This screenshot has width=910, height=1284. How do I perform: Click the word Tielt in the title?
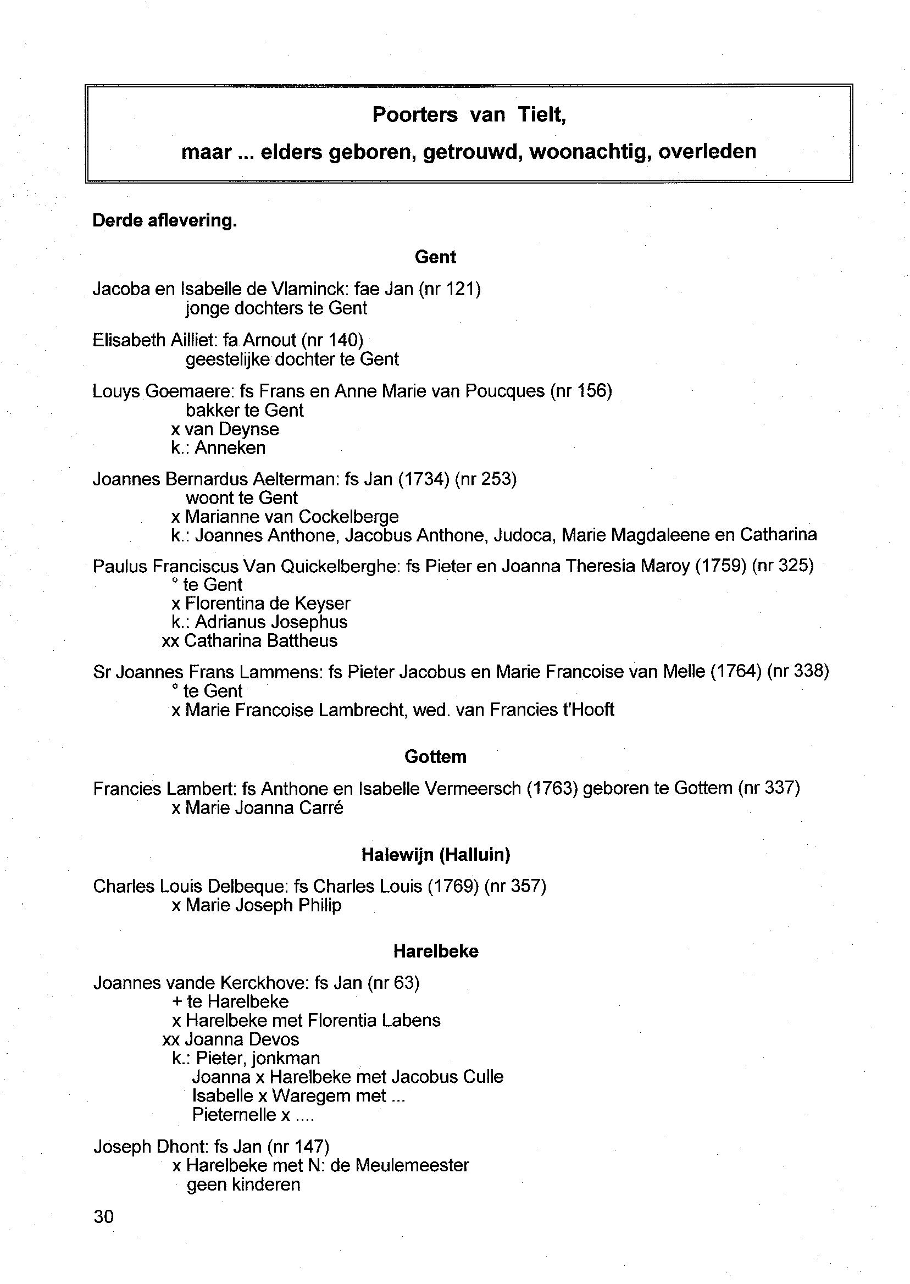coord(541,115)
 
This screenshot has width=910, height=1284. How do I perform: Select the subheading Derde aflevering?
coord(165,221)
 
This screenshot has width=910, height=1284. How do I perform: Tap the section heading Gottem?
coord(435,757)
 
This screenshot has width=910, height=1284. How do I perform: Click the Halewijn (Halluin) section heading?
coord(435,854)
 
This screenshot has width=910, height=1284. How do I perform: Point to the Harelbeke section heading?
coord(435,951)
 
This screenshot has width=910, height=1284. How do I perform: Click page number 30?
coord(104,1216)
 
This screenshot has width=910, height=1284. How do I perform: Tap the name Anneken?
coord(230,448)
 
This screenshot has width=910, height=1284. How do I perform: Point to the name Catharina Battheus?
coord(260,640)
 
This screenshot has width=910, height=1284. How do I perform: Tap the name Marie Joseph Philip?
coord(263,905)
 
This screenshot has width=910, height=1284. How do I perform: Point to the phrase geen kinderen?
coord(243,1185)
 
